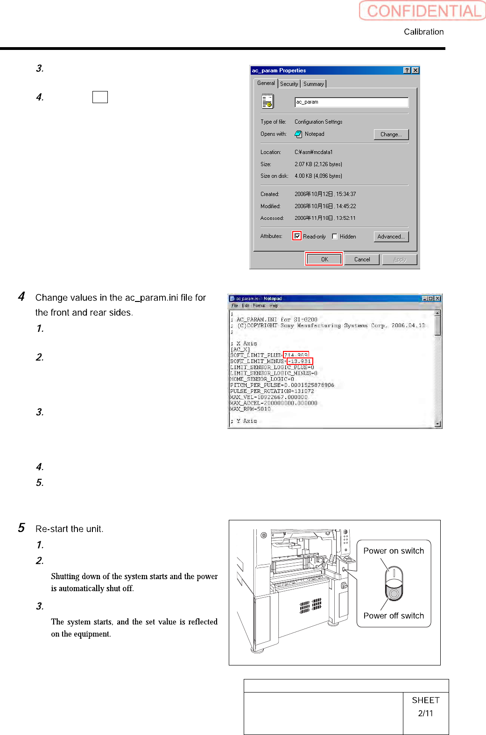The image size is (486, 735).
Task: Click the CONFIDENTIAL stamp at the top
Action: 423,11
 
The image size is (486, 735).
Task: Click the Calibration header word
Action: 423,32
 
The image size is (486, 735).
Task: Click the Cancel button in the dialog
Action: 362,259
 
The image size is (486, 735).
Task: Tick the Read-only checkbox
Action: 297,236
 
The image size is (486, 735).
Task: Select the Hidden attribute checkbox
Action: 335,237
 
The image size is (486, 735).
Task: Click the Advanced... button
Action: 391,237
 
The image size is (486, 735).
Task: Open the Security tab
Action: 289,84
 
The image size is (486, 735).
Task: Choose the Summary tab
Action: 313,84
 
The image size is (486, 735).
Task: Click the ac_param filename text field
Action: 351,102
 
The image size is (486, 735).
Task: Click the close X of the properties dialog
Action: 416,70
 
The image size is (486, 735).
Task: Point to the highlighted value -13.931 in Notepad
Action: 299,361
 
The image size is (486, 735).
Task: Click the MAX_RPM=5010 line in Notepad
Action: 250,409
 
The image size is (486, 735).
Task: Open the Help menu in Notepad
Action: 274,306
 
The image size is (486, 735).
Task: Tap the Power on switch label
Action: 394,551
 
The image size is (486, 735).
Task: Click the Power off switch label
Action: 394,616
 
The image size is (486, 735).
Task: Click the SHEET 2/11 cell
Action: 425,707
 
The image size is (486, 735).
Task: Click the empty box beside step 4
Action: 100,97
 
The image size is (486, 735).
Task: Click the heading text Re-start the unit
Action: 70,529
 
